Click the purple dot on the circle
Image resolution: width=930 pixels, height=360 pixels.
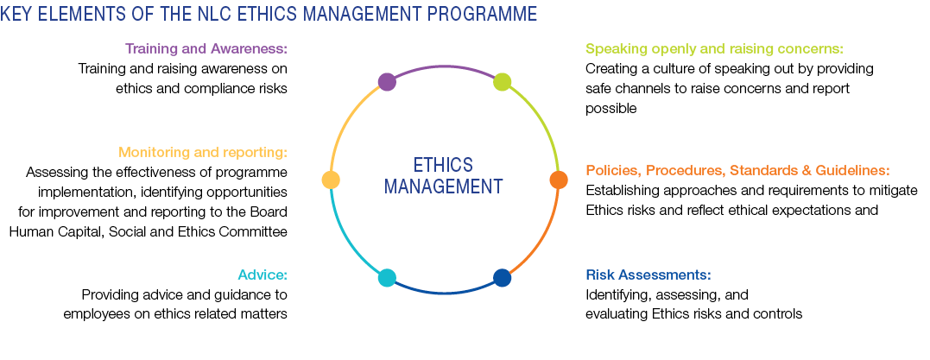387,82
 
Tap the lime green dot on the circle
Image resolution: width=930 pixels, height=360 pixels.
502,82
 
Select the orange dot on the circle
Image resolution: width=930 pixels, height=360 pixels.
559,179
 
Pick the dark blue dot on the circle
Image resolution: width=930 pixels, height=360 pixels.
502,278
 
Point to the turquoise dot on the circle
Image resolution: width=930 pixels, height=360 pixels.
387,278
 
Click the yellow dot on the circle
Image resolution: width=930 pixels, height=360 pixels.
331,179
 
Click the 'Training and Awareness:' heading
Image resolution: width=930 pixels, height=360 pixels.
206,48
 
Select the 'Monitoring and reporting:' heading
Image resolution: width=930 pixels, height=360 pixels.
203,153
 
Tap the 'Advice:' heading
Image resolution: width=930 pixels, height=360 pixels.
263,275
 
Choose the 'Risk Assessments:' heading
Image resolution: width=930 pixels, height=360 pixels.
648,275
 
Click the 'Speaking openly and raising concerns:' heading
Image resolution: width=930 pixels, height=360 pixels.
714,48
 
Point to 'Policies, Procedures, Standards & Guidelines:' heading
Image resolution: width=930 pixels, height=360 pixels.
737,171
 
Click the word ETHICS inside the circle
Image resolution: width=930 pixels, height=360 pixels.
443,164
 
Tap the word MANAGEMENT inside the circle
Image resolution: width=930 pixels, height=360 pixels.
443,186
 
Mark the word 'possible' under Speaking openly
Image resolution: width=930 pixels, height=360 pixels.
611,109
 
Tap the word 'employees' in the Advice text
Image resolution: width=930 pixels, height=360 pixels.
94,313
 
